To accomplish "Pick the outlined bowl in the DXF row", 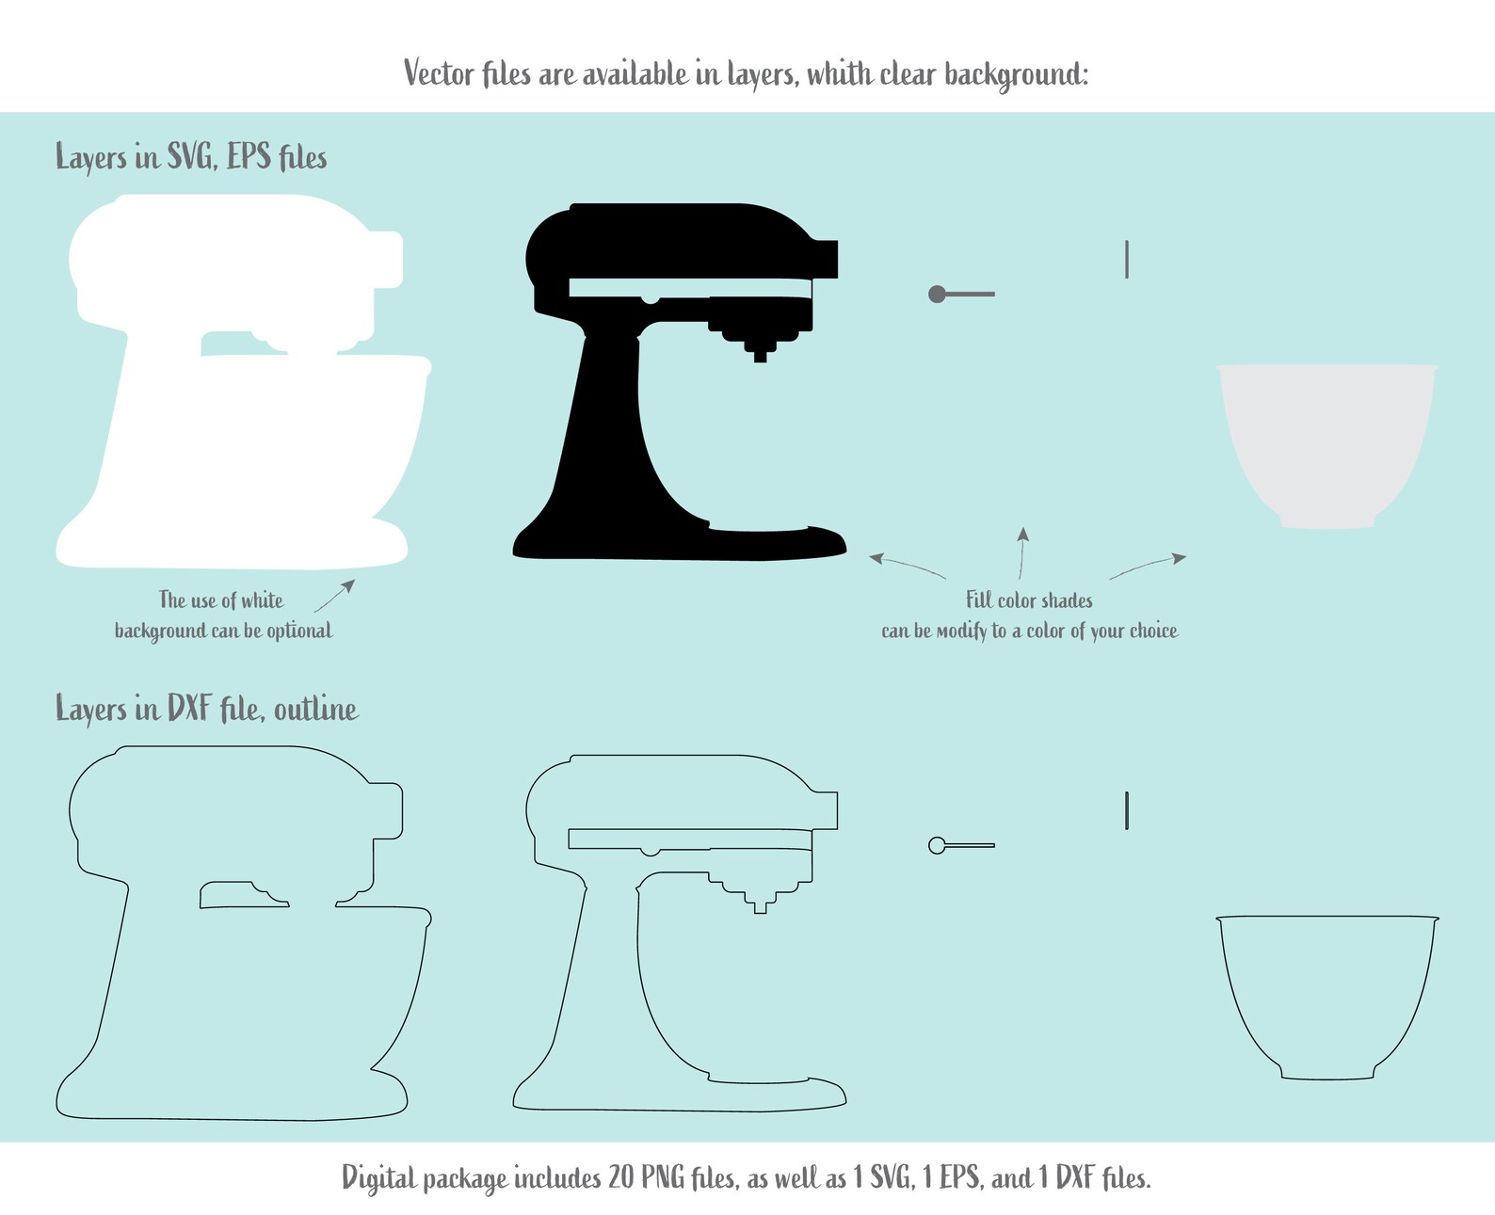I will pyautogui.click(x=1326, y=998).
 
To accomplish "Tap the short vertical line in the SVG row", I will pyautogui.click(x=1127, y=259).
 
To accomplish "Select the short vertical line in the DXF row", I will pyautogui.click(x=1127, y=811).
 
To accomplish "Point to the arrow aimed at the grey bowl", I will pyautogui.click(x=1149, y=566).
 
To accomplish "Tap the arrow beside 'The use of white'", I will pyautogui.click(x=334, y=596).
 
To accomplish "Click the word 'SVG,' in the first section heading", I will pyautogui.click(x=193, y=156).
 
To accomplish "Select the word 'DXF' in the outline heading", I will pyautogui.click(x=189, y=708).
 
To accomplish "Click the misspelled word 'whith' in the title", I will pyautogui.click(x=840, y=73).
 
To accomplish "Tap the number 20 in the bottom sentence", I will pyautogui.click(x=620, y=1177).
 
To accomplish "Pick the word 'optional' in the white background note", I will pyautogui.click(x=299, y=631).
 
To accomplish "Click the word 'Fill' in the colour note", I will pyautogui.click(x=979, y=600).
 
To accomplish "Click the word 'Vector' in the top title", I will pyautogui.click(x=439, y=73).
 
